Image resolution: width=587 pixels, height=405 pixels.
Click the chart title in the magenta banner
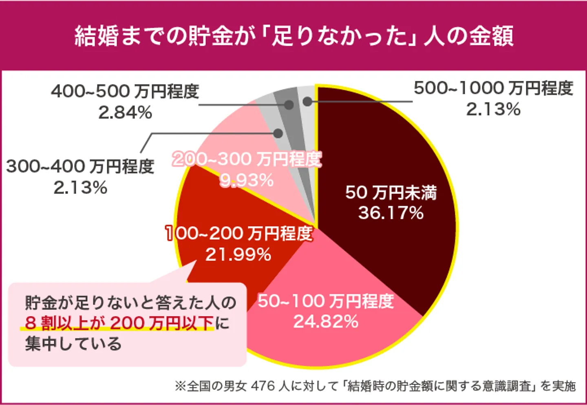[293, 36]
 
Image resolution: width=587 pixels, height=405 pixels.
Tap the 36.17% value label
[391, 213]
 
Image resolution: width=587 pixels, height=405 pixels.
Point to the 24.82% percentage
[326, 322]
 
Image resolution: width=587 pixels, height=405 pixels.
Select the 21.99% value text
[238, 255]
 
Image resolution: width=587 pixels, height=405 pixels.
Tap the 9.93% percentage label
[247, 180]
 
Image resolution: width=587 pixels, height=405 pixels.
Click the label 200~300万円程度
[247, 159]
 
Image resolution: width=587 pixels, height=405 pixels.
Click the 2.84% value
[125, 113]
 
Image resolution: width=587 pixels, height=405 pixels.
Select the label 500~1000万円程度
[493, 88]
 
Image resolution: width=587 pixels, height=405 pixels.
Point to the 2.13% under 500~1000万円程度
[493, 109]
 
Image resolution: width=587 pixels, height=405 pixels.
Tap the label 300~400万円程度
[80, 167]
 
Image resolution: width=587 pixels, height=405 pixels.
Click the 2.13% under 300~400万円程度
[80, 188]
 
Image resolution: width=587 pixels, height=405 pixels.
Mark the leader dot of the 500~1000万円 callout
[307, 101]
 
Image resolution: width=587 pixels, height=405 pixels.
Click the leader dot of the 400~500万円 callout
[289, 105]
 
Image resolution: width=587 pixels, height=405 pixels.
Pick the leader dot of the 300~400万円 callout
[278, 134]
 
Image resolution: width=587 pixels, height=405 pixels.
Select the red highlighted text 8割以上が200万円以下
[119, 323]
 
